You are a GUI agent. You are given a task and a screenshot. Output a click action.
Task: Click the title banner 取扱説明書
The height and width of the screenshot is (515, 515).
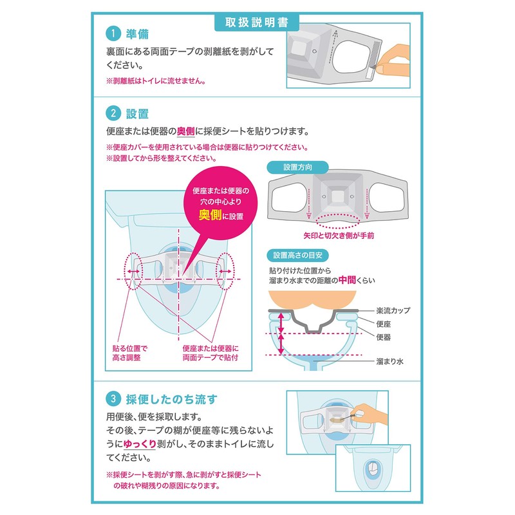click(x=257, y=21)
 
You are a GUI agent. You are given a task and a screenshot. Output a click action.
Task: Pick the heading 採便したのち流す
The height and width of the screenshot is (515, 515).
click(x=171, y=398)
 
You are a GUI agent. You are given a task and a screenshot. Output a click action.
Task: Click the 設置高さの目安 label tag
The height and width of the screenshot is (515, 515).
click(x=304, y=254)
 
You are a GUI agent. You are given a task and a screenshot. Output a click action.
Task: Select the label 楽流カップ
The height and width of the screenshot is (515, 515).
click(x=392, y=310)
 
